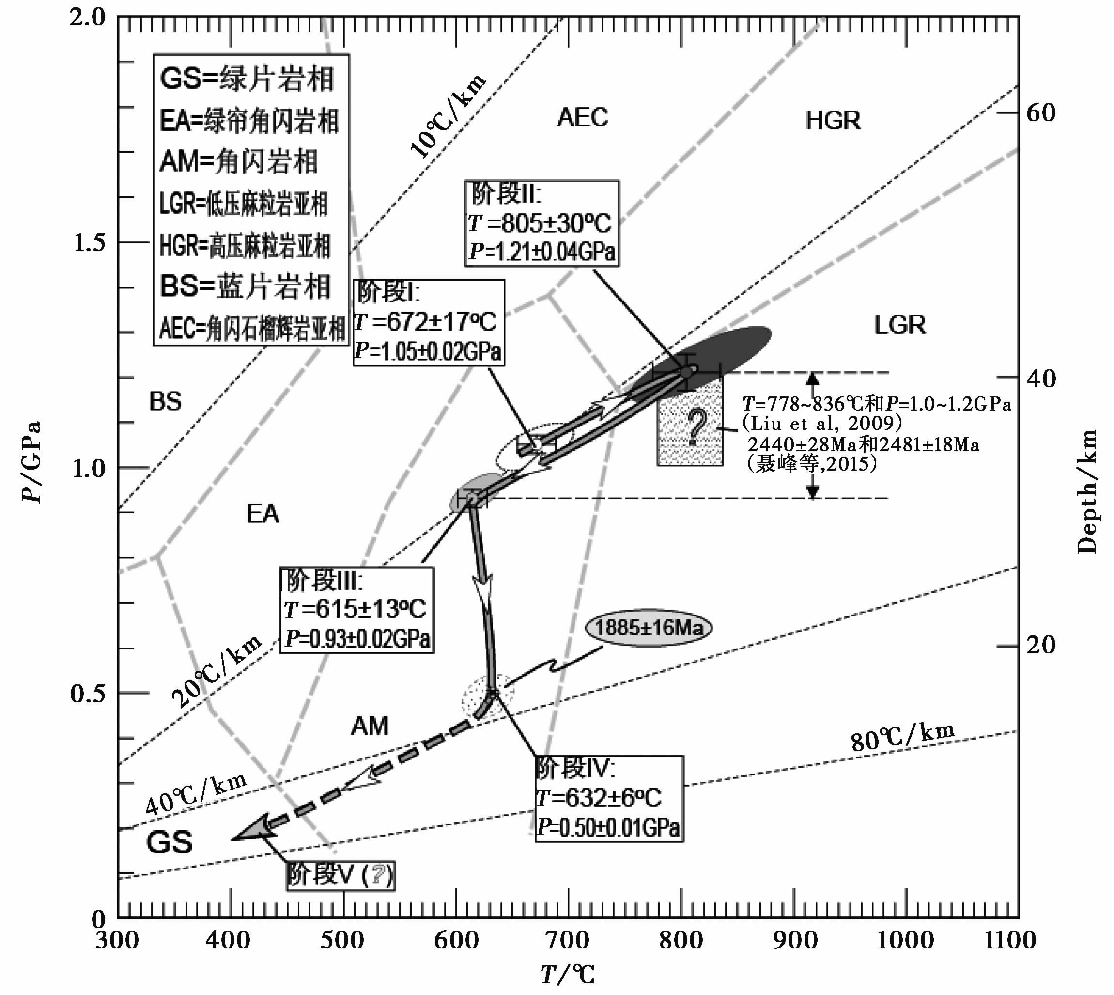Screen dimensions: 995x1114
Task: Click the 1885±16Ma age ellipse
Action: tap(648, 627)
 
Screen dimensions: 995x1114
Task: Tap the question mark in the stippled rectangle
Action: tap(696, 427)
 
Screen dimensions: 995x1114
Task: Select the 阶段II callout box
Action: tap(542, 223)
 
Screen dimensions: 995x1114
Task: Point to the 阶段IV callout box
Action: tap(609, 799)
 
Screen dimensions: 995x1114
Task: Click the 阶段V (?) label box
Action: tap(340, 875)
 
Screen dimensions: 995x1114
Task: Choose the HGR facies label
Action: tap(833, 121)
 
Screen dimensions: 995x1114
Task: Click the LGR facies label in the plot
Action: tap(900, 325)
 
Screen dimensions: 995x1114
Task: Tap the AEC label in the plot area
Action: tap(582, 118)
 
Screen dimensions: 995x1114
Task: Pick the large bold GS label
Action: tap(170, 842)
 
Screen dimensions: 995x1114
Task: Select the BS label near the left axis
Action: tap(165, 402)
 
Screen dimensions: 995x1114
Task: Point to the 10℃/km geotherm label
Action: tap(448, 116)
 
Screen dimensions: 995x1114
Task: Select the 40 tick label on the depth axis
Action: tap(1041, 379)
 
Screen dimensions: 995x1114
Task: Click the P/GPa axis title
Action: tap(31, 462)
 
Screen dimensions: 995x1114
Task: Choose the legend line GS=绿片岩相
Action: tap(247, 79)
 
